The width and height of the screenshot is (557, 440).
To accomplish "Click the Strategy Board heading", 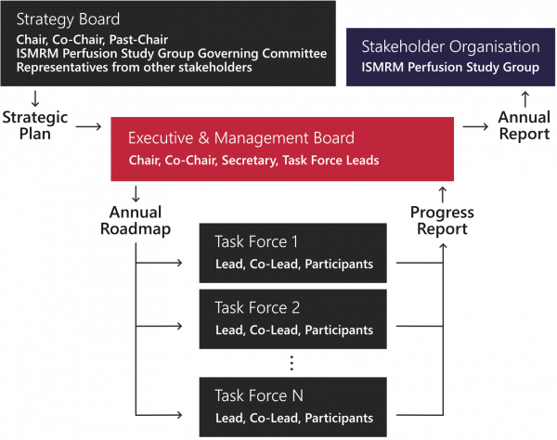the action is (68, 19).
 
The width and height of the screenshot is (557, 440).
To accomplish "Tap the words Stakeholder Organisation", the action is (450, 46).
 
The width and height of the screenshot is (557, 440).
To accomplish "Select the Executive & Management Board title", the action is (241, 137).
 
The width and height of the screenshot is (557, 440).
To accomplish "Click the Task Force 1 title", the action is (256, 242).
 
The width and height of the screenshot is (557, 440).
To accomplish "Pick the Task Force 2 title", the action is (257, 307).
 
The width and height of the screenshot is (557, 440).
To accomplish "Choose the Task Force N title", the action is (259, 395).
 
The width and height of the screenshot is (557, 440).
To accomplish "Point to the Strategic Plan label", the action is (35, 125).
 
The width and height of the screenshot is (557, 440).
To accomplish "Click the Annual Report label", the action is (525, 125).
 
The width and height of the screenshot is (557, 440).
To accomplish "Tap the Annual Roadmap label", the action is (136, 221).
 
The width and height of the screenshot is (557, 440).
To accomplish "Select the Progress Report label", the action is (442, 221).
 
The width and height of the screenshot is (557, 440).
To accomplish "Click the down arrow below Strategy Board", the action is (35, 98).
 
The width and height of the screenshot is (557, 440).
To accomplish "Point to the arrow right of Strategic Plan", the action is (89, 126).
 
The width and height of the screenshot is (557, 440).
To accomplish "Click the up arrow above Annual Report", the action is (525, 99).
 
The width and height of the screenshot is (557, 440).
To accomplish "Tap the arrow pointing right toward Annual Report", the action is (475, 126).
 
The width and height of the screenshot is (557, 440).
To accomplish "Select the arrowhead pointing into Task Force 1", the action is (179, 263).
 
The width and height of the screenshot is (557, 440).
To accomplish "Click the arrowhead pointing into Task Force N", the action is (179, 415).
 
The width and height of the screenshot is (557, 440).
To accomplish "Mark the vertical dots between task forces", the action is (291, 363).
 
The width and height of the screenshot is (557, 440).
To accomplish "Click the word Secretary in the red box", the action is (250, 161).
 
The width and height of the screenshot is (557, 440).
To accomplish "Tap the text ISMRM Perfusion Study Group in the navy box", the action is (450, 67).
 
